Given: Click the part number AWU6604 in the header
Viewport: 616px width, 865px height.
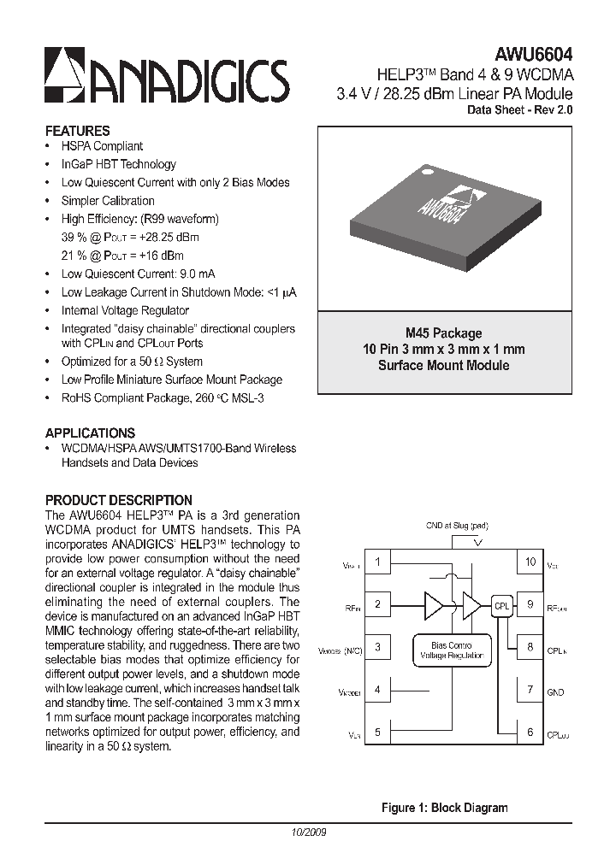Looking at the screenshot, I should point(535,54).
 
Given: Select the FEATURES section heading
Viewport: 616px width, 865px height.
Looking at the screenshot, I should point(77,131).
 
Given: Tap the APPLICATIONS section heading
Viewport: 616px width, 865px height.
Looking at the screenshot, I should point(90,432).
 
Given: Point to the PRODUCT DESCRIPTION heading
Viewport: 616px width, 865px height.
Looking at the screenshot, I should point(118,500).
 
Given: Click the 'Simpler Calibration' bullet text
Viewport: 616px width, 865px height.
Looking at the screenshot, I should point(108,201).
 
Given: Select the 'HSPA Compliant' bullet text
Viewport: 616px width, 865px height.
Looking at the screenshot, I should point(102,146).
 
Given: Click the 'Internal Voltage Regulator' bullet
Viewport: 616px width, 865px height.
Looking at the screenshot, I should point(125,310).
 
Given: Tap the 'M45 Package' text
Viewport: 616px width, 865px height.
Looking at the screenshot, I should point(443,333).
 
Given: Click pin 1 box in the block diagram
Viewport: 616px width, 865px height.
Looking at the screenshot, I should point(377,562).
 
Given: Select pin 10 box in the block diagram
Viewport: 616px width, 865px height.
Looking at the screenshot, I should point(530,562).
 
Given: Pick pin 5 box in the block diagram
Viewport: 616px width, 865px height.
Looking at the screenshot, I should point(377,732).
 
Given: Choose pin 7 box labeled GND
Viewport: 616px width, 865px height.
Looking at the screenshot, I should point(530,689).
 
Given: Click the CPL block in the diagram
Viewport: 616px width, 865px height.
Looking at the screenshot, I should point(501,605).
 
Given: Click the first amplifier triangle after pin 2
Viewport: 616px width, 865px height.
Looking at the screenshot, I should point(435,605).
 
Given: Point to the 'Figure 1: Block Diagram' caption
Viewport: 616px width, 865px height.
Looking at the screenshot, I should point(444,808).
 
